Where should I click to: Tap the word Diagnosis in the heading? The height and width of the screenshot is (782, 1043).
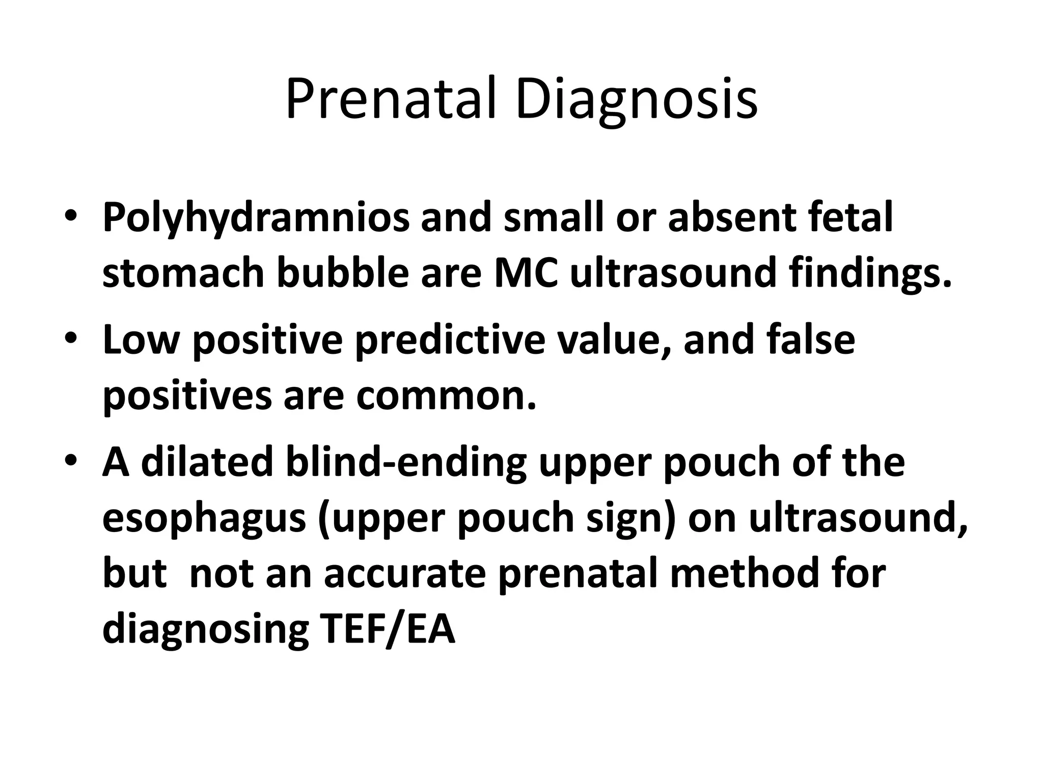click(636, 101)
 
